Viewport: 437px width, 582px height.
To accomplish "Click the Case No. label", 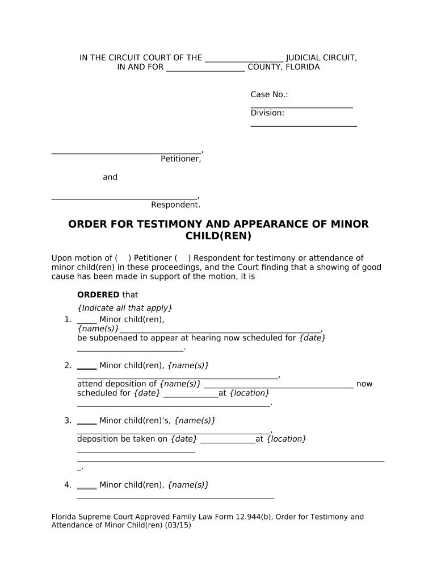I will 269,94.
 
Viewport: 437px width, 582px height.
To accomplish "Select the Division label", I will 267,113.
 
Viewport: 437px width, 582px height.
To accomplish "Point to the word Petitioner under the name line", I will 180,159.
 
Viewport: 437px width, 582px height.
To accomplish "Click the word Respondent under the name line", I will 175,205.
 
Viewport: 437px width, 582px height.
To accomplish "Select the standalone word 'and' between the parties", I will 110,177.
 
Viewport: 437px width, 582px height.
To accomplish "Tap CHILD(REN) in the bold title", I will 218,235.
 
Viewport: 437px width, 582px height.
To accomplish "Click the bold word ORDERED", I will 98,294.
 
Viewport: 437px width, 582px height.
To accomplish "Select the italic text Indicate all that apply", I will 124,307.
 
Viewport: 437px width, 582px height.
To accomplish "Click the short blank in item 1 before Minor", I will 87,320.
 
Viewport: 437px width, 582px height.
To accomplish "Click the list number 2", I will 68,365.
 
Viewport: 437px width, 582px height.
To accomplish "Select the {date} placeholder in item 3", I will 183,439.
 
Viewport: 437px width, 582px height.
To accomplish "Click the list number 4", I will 68,485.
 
